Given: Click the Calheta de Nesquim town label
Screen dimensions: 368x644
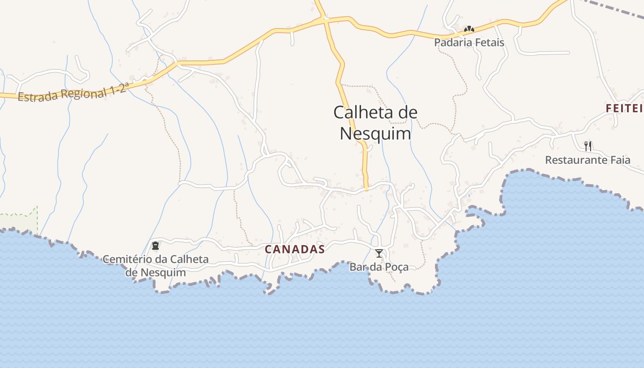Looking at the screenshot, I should click(x=375, y=123).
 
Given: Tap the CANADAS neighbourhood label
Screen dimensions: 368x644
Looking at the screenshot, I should click(x=295, y=249).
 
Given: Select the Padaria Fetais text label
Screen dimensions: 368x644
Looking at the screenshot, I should click(x=469, y=42).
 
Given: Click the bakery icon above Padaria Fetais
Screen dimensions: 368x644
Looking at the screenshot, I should click(x=469, y=29).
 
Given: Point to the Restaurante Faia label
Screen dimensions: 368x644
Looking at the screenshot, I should click(x=587, y=160).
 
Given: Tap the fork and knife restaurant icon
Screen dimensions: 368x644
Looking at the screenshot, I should click(x=587, y=146).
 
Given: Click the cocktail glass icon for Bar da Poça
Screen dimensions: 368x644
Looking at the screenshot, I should click(x=379, y=253).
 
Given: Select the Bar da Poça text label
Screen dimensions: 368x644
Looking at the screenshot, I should click(x=379, y=267).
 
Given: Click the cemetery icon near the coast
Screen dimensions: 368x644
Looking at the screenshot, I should click(x=155, y=246).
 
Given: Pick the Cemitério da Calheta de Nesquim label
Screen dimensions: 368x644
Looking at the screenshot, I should click(x=155, y=265).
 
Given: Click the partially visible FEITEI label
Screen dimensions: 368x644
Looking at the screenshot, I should click(x=624, y=109).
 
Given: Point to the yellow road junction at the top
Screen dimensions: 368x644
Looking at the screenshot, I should click(x=325, y=20).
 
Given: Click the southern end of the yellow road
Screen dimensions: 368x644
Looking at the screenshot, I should click(x=366, y=188).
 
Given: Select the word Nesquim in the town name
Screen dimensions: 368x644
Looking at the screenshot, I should click(x=375, y=134).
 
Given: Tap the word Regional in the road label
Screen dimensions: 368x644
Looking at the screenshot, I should click(x=82, y=93).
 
